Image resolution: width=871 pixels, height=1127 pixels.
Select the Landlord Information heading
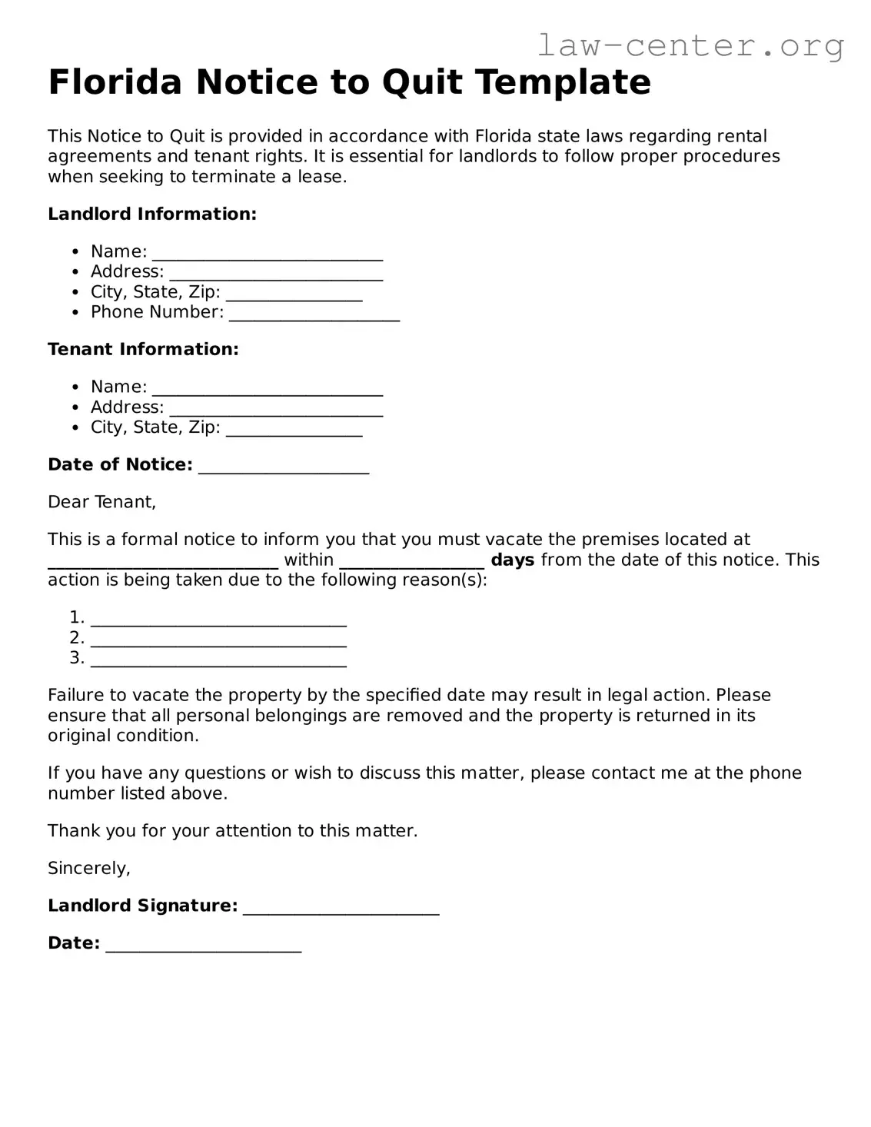pos(152,214)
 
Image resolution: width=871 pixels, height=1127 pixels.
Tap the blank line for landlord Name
pos(267,254)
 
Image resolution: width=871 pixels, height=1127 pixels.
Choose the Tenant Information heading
pos(143,349)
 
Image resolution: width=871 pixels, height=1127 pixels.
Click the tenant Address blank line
pos(275,409)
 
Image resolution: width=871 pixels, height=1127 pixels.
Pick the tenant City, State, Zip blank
pos(294,429)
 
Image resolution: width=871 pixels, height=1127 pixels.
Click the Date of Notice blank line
pos(283,467)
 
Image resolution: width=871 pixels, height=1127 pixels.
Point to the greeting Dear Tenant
pos(101,502)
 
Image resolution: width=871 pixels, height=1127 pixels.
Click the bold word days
pos(512,560)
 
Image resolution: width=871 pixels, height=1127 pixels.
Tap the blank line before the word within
pos(163,562)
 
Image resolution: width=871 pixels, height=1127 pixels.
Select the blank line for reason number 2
pos(218,640)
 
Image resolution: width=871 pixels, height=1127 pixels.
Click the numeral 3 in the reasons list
pos(75,657)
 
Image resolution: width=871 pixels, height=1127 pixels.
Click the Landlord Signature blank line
pos(341,908)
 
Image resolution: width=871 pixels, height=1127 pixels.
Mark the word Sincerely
pos(88,868)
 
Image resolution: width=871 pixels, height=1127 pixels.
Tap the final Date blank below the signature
pos(203,946)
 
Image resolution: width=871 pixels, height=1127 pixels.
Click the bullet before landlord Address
pos(75,272)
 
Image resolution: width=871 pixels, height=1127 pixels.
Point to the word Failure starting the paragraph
pos(77,695)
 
